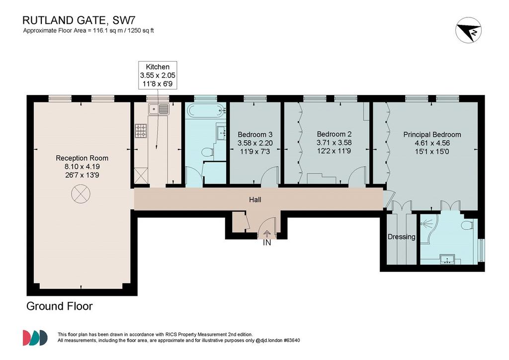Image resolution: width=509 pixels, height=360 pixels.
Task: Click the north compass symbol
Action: [x=468, y=30]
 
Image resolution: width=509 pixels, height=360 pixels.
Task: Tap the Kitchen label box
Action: [x=158, y=75]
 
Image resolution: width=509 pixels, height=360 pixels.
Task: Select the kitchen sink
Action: [x=159, y=109]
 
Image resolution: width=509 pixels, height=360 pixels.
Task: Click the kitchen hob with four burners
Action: [x=141, y=130]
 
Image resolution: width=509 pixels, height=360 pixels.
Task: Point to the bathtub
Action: [x=206, y=111]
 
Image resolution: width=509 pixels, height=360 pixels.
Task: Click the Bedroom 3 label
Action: [x=255, y=134]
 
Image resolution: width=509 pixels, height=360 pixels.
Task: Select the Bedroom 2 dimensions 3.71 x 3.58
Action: [x=334, y=143]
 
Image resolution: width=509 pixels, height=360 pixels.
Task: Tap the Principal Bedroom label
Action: [x=432, y=134]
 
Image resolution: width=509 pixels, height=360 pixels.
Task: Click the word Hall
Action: [x=255, y=199]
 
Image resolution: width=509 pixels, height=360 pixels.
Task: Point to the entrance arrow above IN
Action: [x=267, y=234]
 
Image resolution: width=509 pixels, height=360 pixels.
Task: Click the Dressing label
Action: [x=402, y=237]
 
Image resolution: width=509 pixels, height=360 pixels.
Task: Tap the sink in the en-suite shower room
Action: [x=448, y=260]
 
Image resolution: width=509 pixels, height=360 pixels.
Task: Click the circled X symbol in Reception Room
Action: [x=81, y=194]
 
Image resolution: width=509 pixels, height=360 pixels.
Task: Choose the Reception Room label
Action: [x=82, y=158]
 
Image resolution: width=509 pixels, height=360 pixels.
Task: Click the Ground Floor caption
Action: [x=60, y=306]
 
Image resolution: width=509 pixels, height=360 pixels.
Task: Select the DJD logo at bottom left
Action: [x=35, y=338]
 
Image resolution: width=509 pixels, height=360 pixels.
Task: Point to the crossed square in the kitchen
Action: [x=141, y=176]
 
